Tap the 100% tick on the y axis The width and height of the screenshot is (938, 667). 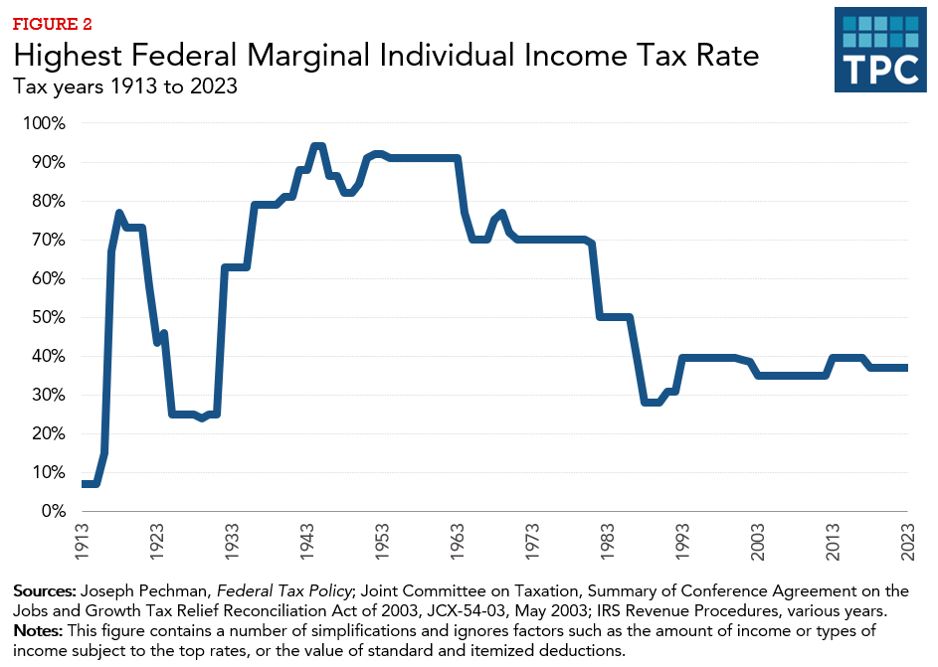pyautogui.click(x=44, y=123)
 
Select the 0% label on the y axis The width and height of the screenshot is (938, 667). pyautogui.click(x=52, y=511)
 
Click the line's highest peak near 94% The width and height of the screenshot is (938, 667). pyautogui.click(x=317, y=146)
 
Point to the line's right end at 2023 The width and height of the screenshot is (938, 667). pyautogui.click(x=905, y=368)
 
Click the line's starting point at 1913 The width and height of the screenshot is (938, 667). pyautogui.click(x=85, y=484)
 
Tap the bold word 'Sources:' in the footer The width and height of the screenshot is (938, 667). pyautogui.click(x=45, y=591)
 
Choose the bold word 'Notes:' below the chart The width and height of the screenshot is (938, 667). pyautogui.click(x=38, y=631)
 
